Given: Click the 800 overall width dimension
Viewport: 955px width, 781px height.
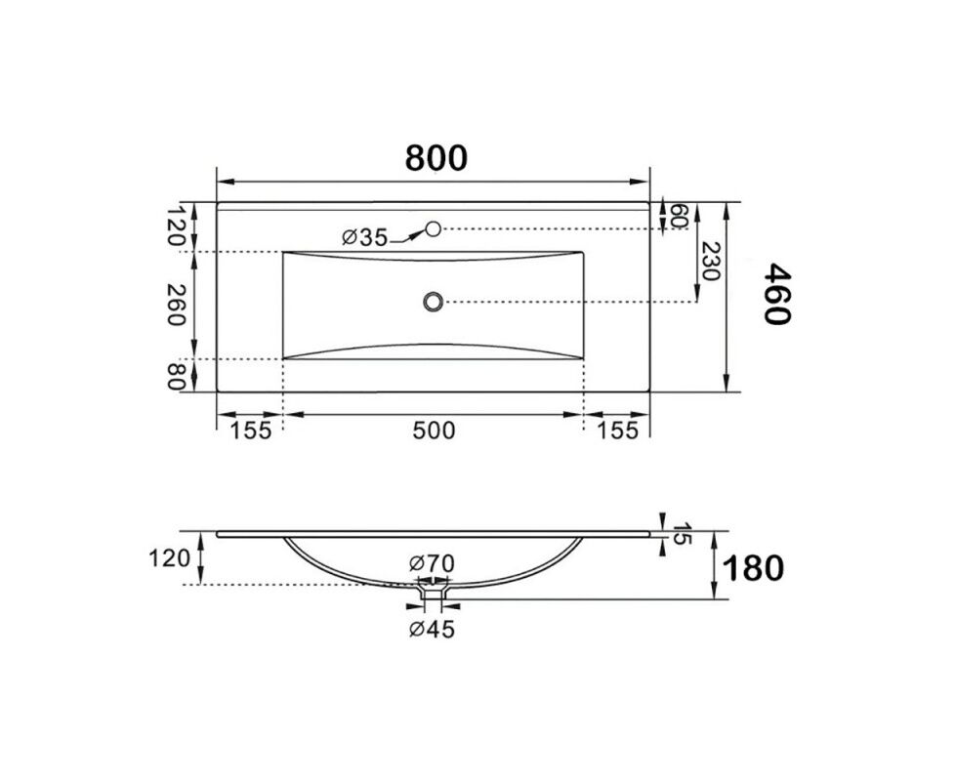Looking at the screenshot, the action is pos(436,158).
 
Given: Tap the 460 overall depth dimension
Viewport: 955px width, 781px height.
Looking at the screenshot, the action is pos(777,294).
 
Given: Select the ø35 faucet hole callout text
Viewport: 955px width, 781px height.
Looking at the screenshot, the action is pos(365,237).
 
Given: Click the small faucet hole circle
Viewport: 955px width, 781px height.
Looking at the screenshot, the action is pos(433,228).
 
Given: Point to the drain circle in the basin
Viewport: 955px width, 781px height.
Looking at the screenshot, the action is pos(433,301).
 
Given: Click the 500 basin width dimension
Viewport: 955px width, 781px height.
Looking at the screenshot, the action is pos(434,431).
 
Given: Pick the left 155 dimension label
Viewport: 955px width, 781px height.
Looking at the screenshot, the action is pos(250,431).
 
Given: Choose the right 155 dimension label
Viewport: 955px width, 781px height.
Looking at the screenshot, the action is pos(617,431).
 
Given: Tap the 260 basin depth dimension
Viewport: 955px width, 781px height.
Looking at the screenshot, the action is pos(175,305).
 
